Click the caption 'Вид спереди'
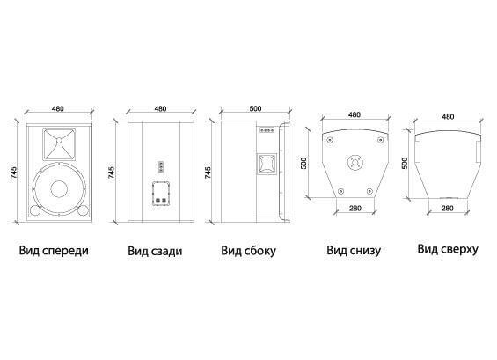pos(54,250)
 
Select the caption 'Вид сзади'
pos(155,251)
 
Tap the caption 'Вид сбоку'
pos(248,251)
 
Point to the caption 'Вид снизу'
pos(354,250)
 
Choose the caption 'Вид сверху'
pos(448,249)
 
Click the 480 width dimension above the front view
pos(58,108)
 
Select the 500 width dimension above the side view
pos(255,108)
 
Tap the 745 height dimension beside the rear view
pos(111,173)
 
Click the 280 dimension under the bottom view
pos(355,208)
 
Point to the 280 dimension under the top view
pos(447,208)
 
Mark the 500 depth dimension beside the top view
pos(405,163)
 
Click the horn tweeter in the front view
pos(59,144)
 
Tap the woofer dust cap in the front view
pos(59,189)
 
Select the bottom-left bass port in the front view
pos(34,210)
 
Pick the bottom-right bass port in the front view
pos(83,210)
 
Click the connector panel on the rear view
pos(161,193)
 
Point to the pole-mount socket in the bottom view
pos(354,163)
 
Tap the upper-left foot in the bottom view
pos(330,140)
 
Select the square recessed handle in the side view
pos(267,164)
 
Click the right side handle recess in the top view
pos(479,151)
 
